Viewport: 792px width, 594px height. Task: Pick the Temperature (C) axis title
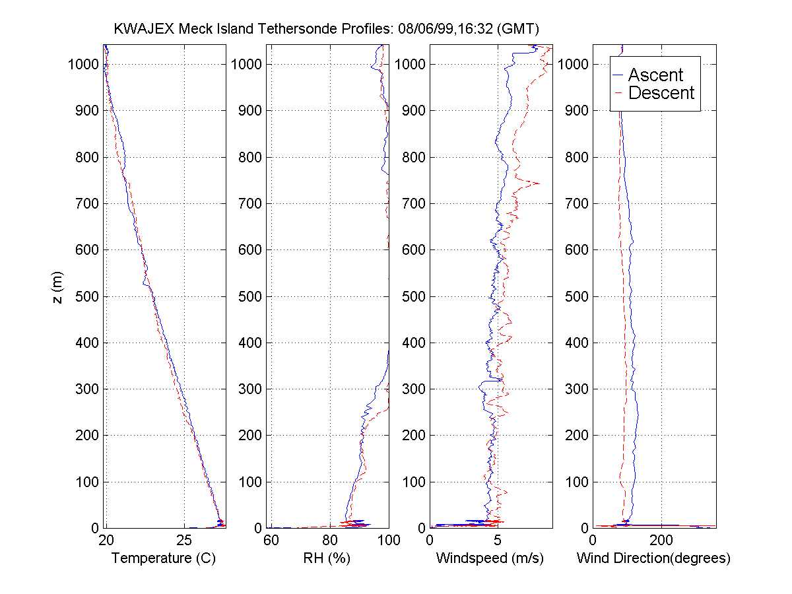click(x=164, y=558)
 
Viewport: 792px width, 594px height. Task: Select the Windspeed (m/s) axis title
click(x=490, y=558)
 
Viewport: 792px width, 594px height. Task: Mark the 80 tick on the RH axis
click(x=330, y=541)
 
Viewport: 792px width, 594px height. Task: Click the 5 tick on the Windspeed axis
click(x=498, y=541)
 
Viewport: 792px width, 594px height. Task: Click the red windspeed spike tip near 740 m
click(x=540, y=183)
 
